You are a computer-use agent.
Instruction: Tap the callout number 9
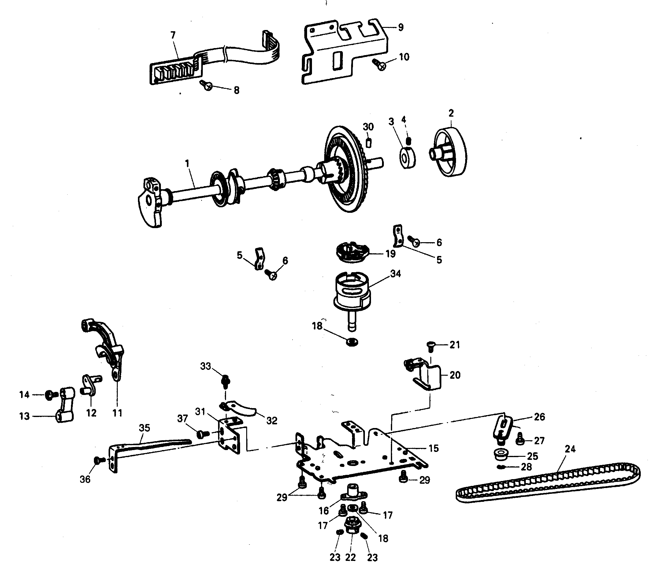point(400,27)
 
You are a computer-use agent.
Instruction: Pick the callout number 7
point(173,35)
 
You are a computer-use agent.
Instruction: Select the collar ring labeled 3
point(407,158)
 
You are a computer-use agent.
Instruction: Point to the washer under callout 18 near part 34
point(353,341)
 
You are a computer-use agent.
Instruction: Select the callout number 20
point(455,375)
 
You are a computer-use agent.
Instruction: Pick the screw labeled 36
point(98,460)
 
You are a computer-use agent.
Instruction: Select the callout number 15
point(434,448)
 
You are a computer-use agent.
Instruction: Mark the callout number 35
point(144,428)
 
